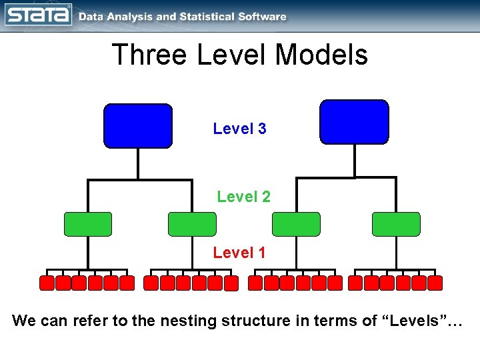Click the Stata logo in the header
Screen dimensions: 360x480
click(38, 14)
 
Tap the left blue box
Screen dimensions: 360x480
click(138, 125)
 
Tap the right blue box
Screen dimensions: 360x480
click(354, 122)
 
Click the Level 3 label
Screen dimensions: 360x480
click(239, 129)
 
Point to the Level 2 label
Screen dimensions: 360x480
click(243, 197)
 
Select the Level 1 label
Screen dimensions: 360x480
click(239, 253)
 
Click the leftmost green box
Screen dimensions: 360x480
click(88, 224)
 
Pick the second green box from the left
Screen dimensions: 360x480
click(192, 224)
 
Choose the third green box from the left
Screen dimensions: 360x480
click(296, 224)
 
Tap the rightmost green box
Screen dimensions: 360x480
click(396, 224)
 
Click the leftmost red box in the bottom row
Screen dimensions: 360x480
click(47, 283)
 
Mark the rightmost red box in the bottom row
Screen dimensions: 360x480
click(435, 283)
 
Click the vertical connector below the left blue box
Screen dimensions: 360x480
click(138, 163)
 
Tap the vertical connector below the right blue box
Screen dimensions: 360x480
click(355, 161)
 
